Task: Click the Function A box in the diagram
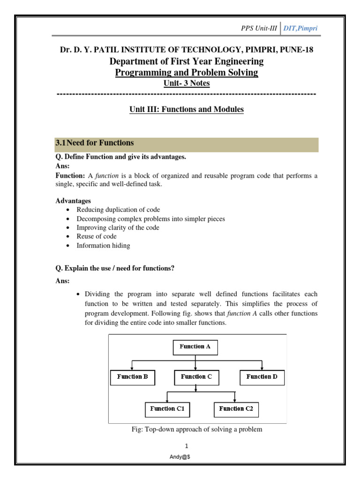click(x=195, y=347)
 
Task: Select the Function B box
click(x=133, y=377)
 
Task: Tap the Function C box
click(x=197, y=377)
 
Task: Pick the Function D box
click(x=262, y=377)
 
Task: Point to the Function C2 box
click(x=236, y=409)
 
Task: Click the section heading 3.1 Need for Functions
click(x=95, y=143)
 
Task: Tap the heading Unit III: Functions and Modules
click(x=187, y=110)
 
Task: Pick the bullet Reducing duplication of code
click(x=118, y=210)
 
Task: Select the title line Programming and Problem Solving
click(x=187, y=73)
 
